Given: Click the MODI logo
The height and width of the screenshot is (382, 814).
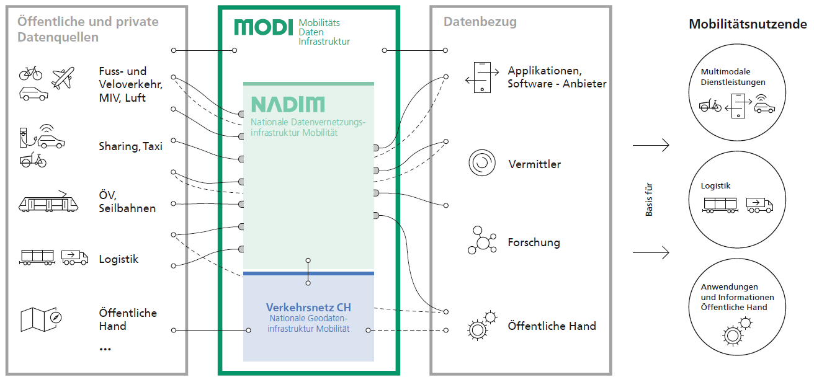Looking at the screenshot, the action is click(x=264, y=27).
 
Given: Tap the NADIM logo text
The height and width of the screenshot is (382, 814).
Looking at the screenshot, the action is click(x=288, y=105).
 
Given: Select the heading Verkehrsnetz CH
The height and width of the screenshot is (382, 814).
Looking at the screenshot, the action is click(x=308, y=308).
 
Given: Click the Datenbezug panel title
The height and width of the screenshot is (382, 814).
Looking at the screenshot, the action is click(x=480, y=22).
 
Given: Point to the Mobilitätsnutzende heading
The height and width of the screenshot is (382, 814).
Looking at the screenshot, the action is click(x=748, y=24).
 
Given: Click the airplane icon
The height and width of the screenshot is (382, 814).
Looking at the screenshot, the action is click(x=63, y=78).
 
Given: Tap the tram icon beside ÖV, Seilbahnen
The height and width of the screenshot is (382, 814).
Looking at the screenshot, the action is click(x=48, y=202).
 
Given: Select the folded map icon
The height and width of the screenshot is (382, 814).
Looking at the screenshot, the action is click(x=41, y=319).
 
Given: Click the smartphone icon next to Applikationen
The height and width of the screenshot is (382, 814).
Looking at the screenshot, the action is click(x=482, y=78).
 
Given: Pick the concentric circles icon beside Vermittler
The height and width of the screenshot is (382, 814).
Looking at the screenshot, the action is click(x=482, y=162).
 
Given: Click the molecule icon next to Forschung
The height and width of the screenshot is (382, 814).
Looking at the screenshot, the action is click(x=482, y=241).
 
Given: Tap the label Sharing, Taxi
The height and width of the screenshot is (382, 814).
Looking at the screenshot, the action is click(x=130, y=146).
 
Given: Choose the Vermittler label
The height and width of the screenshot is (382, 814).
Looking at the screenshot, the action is click(x=535, y=164).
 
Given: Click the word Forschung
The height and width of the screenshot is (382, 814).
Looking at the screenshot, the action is click(x=534, y=242).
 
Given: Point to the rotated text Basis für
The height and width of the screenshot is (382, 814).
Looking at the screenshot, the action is click(x=649, y=199).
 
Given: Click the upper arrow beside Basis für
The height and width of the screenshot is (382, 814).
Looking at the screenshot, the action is click(x=651, y=145).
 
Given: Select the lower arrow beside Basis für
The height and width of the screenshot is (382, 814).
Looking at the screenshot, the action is click(x=651, y=252).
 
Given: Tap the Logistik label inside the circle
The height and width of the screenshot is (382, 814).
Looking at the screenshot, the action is click(x=715, y=186).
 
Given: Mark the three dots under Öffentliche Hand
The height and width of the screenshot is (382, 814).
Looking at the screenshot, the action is click(x=105, y=349).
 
